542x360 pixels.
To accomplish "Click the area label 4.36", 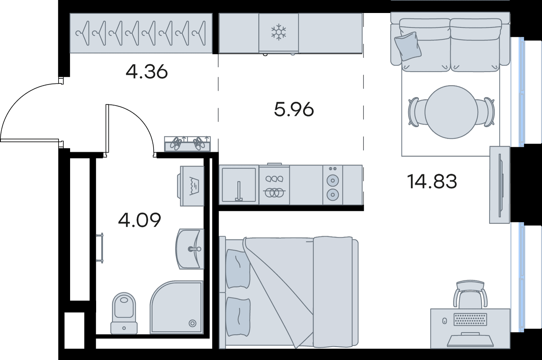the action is pos(147,71).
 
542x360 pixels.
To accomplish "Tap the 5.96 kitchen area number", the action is pos(294,109).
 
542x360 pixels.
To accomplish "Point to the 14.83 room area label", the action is pos(432,181).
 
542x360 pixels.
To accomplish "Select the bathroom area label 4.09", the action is pos(139,220).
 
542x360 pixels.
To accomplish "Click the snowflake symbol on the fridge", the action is pos(279,32).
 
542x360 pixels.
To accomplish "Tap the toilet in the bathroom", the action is pos(124,313).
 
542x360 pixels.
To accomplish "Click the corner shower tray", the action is pos(176,307).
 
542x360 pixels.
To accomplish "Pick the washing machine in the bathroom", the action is pos(191,186).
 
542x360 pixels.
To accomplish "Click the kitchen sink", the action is pos(239,185).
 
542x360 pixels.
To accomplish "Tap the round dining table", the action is pos(451,112).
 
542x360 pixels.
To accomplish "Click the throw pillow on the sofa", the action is pos(408,46).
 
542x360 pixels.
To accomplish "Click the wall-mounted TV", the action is pos(500,185).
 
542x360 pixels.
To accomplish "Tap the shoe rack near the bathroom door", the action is pos(187,144).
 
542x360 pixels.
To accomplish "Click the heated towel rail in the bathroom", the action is pos(100,248).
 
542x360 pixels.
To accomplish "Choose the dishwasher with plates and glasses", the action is pos(274,185).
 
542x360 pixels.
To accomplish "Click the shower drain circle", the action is pos(193,323).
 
